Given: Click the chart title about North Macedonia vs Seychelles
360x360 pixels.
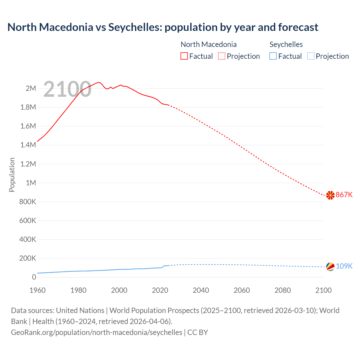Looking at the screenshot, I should (x=163, y=27).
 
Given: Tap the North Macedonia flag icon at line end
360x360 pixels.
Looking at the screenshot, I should (x=330, y=195).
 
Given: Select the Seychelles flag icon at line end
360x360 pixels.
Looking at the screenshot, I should (x=330, y=266).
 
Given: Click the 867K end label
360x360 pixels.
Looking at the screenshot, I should (x=344, y=195).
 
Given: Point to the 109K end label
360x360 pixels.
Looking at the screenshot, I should (x=344, y=266).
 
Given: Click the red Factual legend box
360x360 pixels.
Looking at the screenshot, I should (x=184, y=56).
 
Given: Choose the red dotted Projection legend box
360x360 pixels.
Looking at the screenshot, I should (x=222, y=56).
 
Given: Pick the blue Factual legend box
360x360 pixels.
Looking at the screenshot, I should (x=273, y=56).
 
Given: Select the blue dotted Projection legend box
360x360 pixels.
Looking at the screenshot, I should (x=311, y=56).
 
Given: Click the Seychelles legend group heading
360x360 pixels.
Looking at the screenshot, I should (x=286, y=44).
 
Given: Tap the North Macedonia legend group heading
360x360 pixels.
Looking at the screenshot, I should (x=208, y=44).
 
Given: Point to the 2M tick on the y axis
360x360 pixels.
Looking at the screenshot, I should (x=31, y=88).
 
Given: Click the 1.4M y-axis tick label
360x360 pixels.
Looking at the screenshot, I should (x=28, y=145).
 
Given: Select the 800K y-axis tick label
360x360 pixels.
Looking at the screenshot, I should (x=28, y=202).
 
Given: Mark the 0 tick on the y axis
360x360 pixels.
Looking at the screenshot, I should (x=34, y=277).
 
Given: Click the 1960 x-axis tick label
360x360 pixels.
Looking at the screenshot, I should (x=37, y=290).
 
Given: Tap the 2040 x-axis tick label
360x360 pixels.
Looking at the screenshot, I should (x=201, y=290).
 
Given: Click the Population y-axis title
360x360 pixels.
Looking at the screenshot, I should (x=12, y=175).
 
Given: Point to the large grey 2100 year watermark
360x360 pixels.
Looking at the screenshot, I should (x=67, y=89).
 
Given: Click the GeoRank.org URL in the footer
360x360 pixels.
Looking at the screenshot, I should (x=96, y=332).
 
